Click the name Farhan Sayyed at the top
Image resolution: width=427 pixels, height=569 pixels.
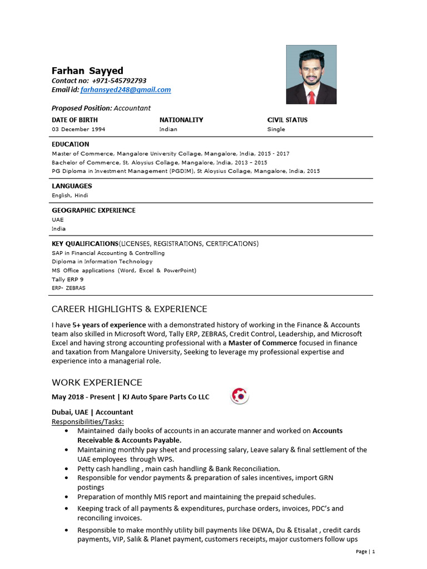pos(87,71)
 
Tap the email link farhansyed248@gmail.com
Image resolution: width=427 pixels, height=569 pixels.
pos(126,89)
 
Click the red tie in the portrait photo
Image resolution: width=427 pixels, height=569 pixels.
pos(312,97)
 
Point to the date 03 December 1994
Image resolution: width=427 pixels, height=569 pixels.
pos(78,129)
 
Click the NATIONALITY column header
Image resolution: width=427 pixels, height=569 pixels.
pos(181,120)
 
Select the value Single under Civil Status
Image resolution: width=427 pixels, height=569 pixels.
pos(276,129)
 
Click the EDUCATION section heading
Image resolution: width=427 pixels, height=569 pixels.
pos(70,144)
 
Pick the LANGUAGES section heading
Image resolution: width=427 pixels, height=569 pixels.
pos(72,186)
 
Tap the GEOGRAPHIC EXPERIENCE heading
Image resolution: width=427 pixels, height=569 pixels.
pos(93,211)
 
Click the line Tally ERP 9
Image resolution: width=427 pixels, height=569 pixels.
pos(67,279)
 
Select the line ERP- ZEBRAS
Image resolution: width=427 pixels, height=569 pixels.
pos(68,288)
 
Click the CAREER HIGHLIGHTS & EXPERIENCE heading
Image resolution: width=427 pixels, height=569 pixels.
pos(129,310)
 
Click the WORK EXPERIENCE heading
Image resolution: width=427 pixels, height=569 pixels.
pos(97,383)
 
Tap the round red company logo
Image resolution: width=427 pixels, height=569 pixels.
pos(240,396)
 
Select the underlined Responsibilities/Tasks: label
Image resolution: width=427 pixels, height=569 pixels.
pos(88,422)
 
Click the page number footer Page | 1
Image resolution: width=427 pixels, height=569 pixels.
pos(365,552)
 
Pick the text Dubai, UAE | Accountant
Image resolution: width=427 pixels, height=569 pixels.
pos(92,412)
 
